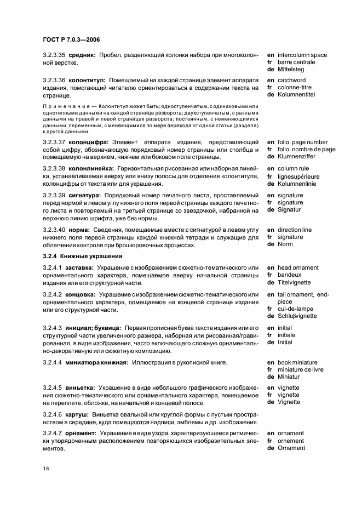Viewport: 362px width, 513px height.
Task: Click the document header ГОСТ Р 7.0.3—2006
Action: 71,40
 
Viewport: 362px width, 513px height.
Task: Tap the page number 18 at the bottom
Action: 46,469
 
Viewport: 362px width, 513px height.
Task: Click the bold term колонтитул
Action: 87,80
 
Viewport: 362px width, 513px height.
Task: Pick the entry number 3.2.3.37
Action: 55,142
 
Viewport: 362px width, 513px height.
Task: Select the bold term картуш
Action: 79,415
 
